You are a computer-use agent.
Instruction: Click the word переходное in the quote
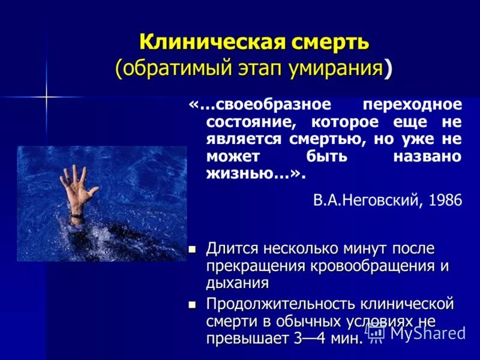[x=413, y=104]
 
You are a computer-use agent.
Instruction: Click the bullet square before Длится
[x=193, y=248]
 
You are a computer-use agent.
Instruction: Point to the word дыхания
[x=237, y=283]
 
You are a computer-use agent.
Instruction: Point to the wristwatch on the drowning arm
[x=76, y=215]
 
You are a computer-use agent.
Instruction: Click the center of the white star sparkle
[x=46, y=96]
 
